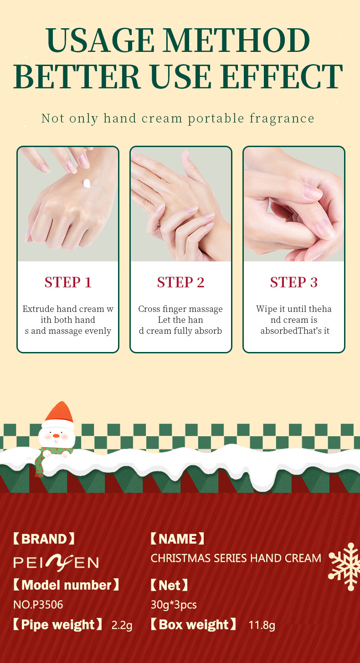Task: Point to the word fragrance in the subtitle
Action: (x=282, y=118)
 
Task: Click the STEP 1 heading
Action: (x=68, y=282)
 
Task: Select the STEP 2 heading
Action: (x=181, y=282)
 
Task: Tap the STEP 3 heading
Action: (x=293, y=282)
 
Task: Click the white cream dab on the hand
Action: (x=87, y=184)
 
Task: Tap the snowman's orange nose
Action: (x=56, y=436)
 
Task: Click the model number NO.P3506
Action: (x=38, y=605)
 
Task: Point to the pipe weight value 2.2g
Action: (x=122, y=625)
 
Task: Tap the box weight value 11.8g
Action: (x=262, y=625)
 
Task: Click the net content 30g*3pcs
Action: (x=174, y=605)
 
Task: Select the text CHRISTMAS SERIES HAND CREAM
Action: (x=236, y=558)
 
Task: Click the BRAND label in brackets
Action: (x=44, y=539)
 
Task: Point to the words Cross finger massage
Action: (x=180, y=309)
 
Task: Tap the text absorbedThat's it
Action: (x=295, y=331)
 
